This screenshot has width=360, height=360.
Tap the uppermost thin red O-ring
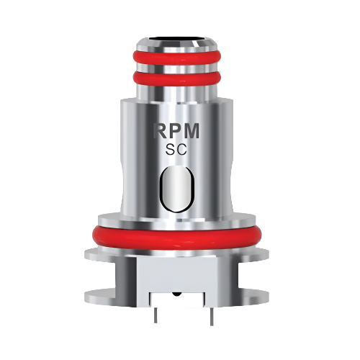pyautogui.click(x=180, y=57)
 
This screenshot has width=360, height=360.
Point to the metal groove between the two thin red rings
pyautogui.click(x=180, y=67)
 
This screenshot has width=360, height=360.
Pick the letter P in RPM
pyautogui.click(x=178, y=133)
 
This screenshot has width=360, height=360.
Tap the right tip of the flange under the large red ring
pyautogui.click(x=274, y=254)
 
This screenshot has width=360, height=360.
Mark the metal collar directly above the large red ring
pyautogui.click(x=180, y=217)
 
